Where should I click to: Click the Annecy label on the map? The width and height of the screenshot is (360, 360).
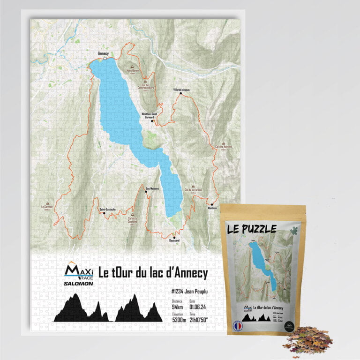tap(103, 53)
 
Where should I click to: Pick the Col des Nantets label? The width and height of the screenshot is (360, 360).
tap(224, 147)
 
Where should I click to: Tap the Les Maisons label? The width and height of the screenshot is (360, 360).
tap(152, 188)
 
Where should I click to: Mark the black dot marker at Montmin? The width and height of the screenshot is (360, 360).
tap(212, 204)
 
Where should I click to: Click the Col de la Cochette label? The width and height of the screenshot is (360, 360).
tap(132, 219)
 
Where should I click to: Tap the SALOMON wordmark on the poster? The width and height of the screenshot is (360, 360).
tap(79, 283)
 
